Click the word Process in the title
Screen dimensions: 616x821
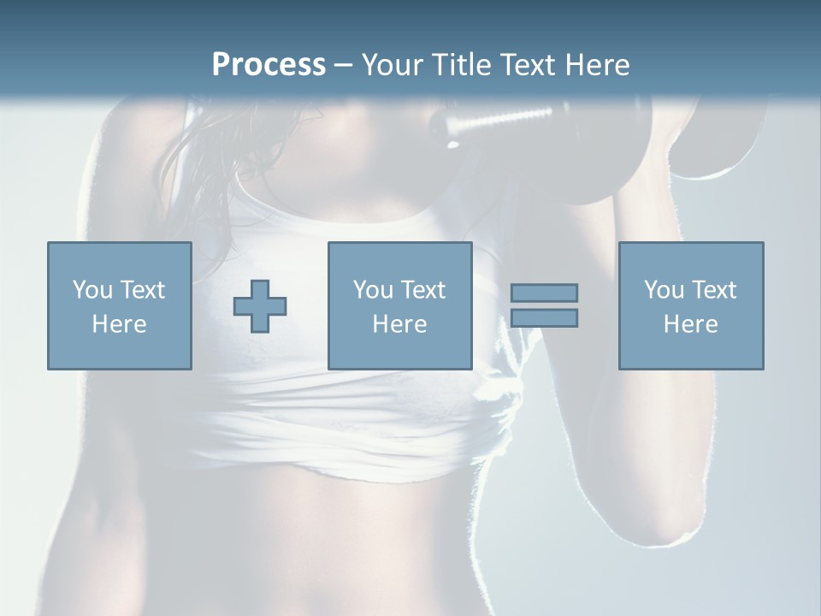269,64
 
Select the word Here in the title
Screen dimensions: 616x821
596,64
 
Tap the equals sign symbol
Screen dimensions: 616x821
544,305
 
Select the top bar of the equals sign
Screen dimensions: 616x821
544,293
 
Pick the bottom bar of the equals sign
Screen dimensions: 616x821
544,318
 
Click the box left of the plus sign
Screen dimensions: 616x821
119,306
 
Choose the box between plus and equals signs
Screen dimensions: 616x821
399,306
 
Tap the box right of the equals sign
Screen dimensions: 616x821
690,306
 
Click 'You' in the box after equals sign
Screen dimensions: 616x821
664,290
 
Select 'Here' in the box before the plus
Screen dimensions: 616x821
119,324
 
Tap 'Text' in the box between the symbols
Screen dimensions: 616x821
424,290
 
